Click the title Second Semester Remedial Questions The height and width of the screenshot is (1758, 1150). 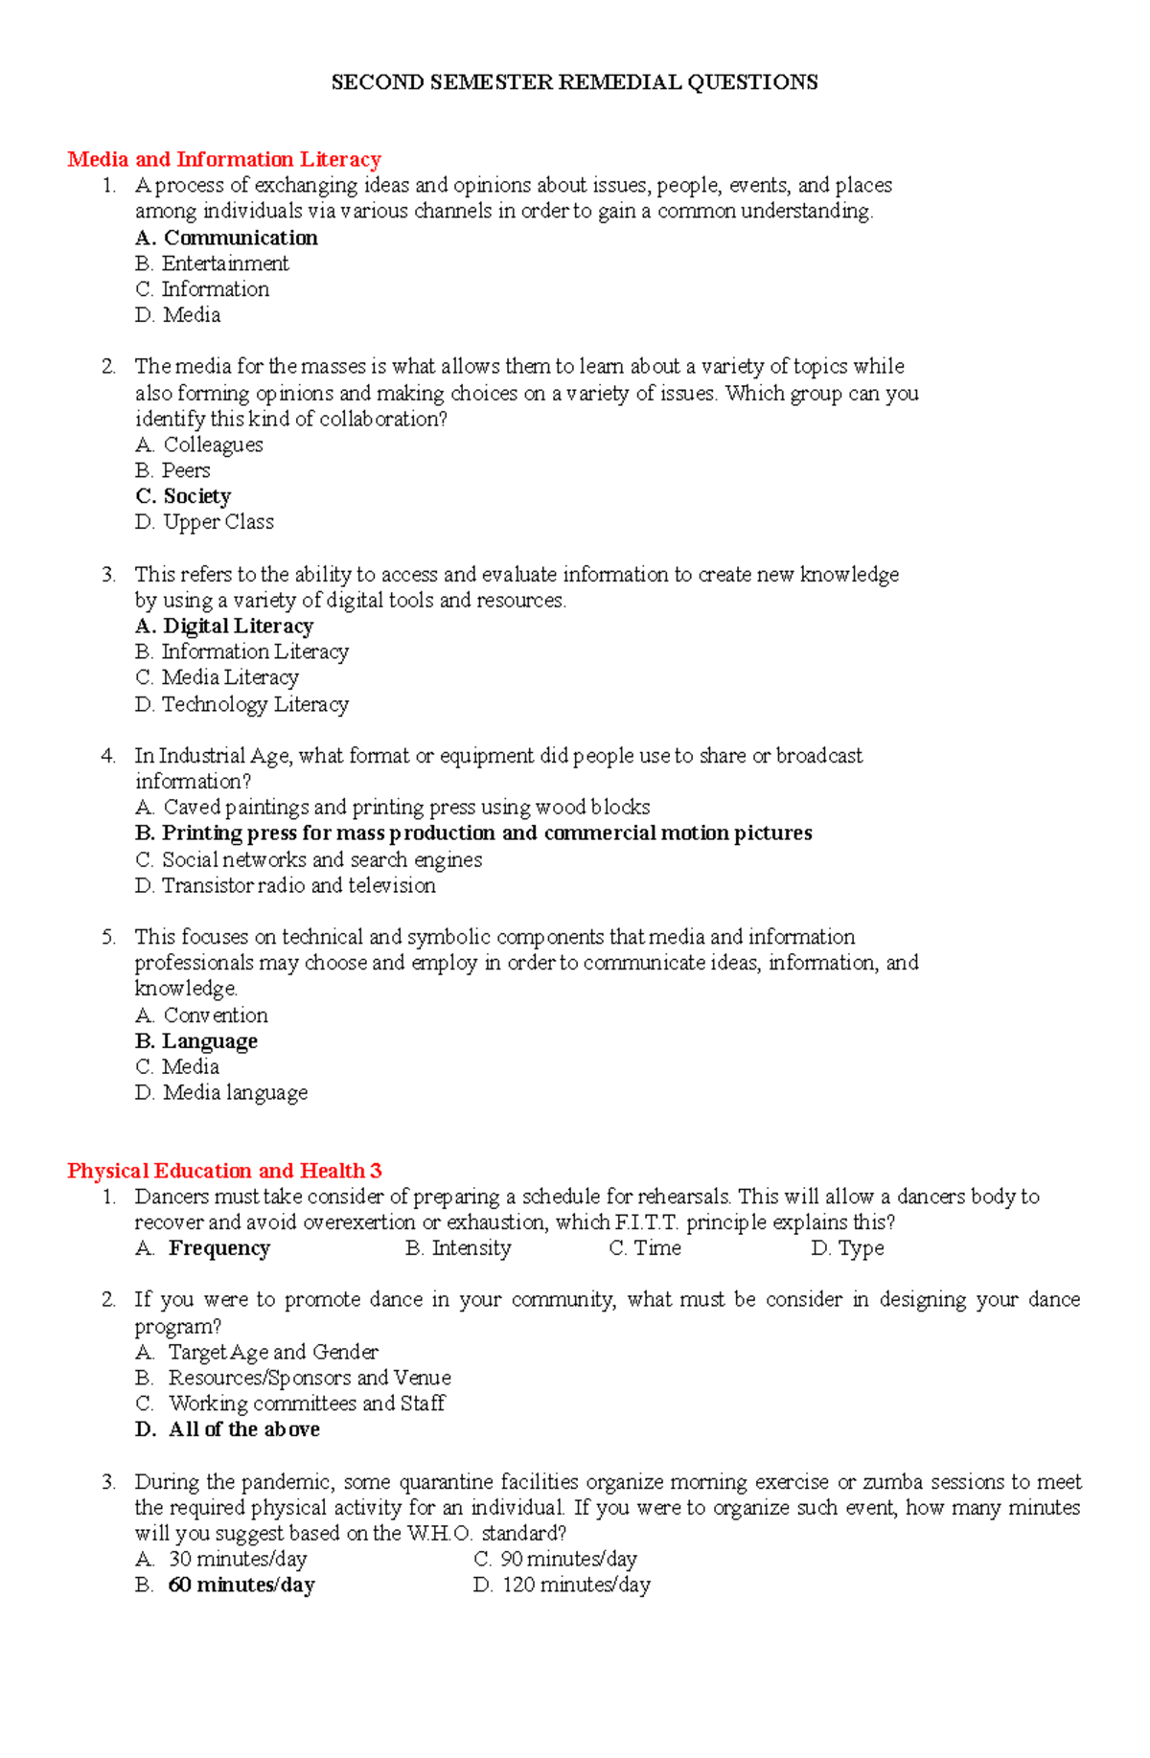(x=574, y=82)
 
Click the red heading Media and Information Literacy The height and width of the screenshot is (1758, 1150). (x=224, y=159)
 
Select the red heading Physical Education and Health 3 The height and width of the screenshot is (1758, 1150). (x=224, y=1171)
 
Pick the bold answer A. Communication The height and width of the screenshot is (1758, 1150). (x=227, y=238)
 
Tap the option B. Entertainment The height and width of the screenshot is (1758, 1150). (x=213, y=263)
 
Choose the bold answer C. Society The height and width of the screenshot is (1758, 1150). (x=184, y=496)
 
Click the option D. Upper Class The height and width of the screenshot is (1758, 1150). (x=205, y=522)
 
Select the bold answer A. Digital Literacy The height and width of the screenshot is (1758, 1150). (x=225, y=627)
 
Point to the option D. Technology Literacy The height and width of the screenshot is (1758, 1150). (x=242, y=704)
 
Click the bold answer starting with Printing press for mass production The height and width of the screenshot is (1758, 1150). (x=474, y=833)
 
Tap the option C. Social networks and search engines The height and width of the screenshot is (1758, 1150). (x=310, y=859)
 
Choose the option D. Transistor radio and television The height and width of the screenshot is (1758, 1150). (x=286, y=885)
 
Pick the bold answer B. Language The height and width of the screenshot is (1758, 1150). (x=197, y=1041)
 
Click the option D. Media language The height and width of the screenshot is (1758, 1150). (x=222, y=1093)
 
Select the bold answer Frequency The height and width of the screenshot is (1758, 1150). (x=218, y=1248)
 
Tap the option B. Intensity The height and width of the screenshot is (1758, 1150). (x=459, y=1248)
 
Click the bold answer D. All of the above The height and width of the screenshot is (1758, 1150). (x=228, y=1429)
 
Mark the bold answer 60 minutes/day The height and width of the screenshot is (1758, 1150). (x=241, y=1586)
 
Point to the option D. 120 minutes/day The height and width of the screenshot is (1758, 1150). (x=563, y=1586)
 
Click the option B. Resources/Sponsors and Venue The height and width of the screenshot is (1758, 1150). (x=294, y=1378)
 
